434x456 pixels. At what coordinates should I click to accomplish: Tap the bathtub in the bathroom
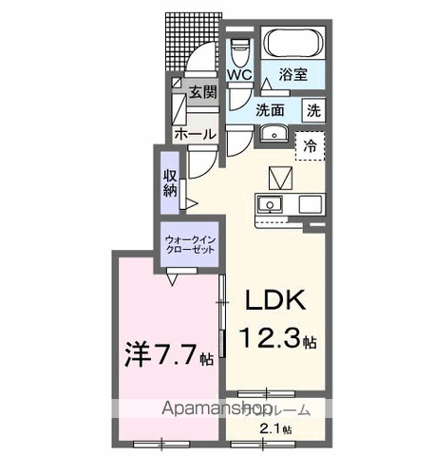tap(292, 44)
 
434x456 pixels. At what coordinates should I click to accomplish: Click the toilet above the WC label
tap(238, 47)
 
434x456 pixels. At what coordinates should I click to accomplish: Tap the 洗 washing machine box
tap(312, 109)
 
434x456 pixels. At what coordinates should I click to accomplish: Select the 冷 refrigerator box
tap(310, 147)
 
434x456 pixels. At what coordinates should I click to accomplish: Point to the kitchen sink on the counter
tap(269, 203)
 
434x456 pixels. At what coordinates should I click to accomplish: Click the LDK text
tap(274, 301)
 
